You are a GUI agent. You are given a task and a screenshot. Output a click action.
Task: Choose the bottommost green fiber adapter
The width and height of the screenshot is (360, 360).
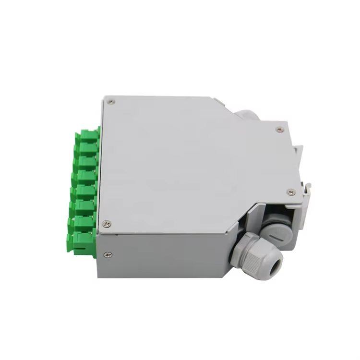tap(82, 240)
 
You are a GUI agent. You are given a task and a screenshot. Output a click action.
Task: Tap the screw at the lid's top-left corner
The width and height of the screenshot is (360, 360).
tap(111, 101)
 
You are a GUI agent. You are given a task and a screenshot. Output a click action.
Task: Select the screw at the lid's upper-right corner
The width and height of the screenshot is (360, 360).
tap(280, 129)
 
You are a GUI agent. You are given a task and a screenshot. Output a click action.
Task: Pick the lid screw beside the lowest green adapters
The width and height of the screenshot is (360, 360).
tap(107, 223)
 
